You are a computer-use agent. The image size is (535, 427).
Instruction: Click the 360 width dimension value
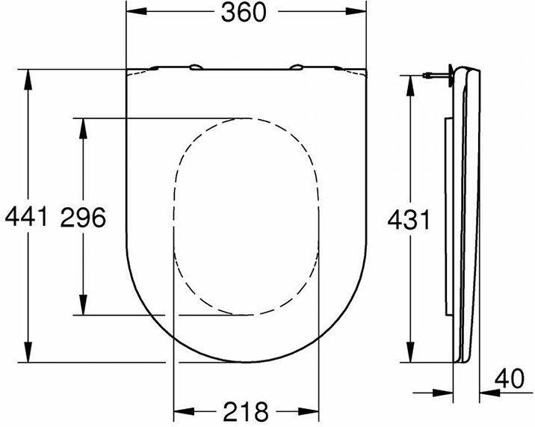244,14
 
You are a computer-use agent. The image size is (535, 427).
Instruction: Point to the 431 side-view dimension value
409,220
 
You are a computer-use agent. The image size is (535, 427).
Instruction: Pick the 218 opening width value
244,411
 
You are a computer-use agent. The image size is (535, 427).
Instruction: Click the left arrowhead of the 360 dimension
134,14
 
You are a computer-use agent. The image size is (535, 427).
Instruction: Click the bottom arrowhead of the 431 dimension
409,354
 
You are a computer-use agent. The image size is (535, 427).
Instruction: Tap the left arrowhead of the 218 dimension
182,411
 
